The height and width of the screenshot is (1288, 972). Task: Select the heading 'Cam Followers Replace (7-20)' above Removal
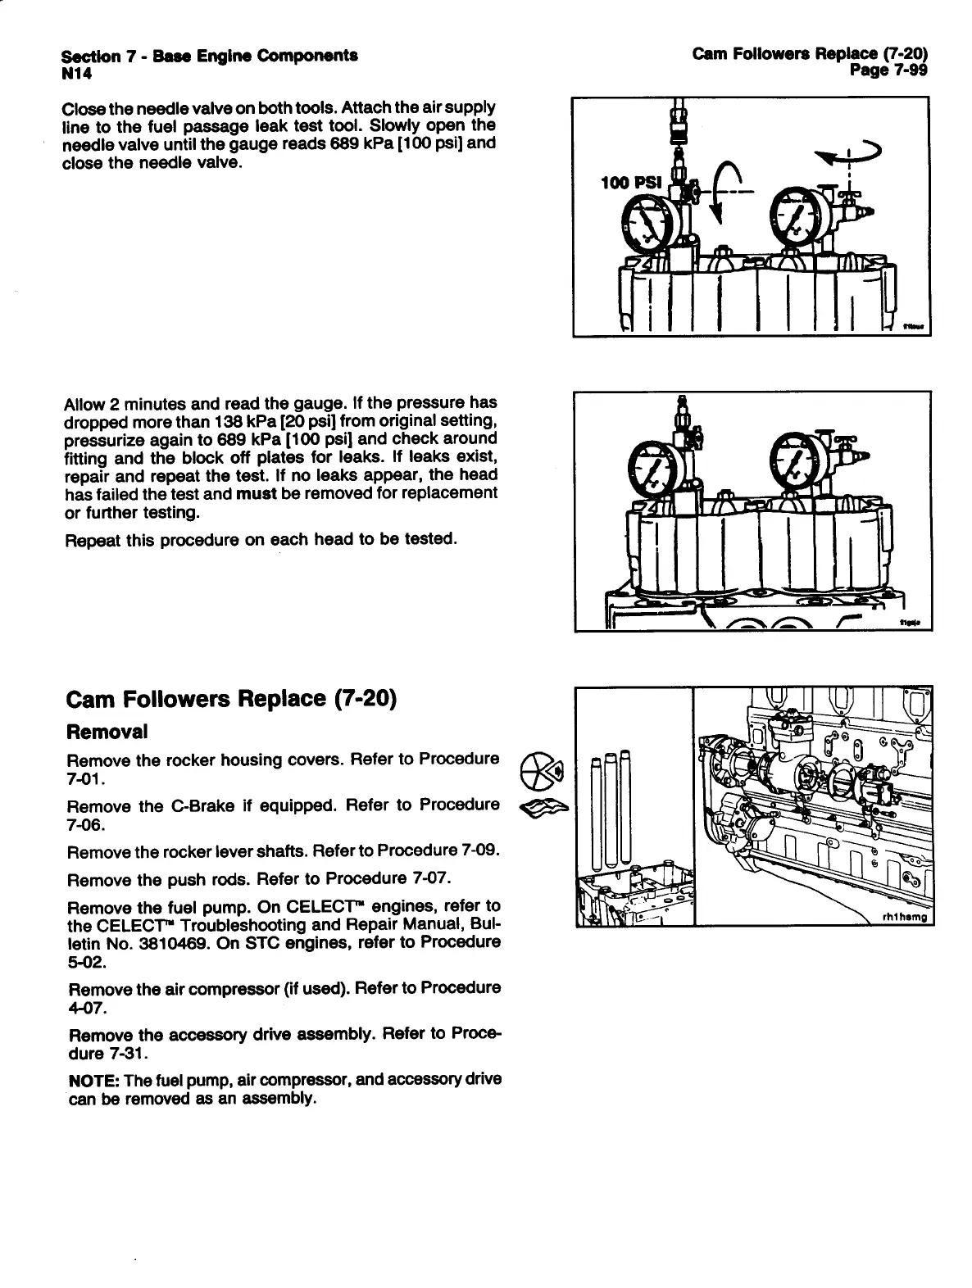(x=231, y=699)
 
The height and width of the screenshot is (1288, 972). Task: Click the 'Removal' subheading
(x=107, y=730)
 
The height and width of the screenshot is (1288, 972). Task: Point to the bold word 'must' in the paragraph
(x=257, y=494)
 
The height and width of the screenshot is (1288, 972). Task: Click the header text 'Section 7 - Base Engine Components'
(x=209, y=57)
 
